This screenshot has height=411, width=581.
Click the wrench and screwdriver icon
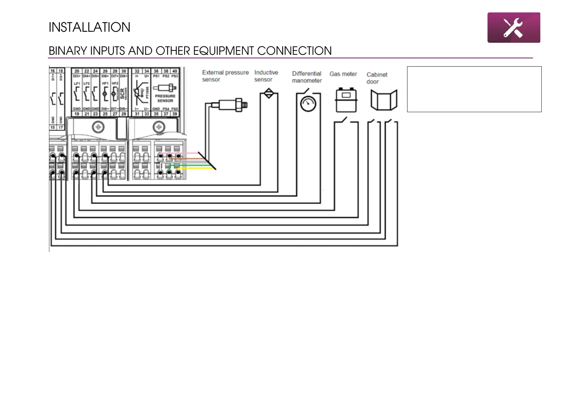(513, 28)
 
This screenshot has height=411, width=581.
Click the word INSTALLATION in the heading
(89, 27)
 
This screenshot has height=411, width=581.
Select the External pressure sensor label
(225, 76)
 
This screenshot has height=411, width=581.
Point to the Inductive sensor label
(266, 76)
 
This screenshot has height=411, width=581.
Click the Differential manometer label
(307, 77)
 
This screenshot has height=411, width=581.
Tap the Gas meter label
(343, 74)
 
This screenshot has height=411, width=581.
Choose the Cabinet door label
(377, 78)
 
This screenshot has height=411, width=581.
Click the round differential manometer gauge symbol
(308, 104)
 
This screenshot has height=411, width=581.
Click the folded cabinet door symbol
(384, 100)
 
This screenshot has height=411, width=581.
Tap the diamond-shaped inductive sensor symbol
(269, 93)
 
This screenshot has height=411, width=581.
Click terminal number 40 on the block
(175, 71)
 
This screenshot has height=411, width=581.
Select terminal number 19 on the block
(77, 114)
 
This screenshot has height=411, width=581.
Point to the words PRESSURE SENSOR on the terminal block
(165, 98)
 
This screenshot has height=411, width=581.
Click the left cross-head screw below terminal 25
(98, 127)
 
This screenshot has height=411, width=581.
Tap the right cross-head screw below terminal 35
(159, 127)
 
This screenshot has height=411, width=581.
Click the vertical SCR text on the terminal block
(122, 93)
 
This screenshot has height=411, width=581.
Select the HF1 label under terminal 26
(105, 84)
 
